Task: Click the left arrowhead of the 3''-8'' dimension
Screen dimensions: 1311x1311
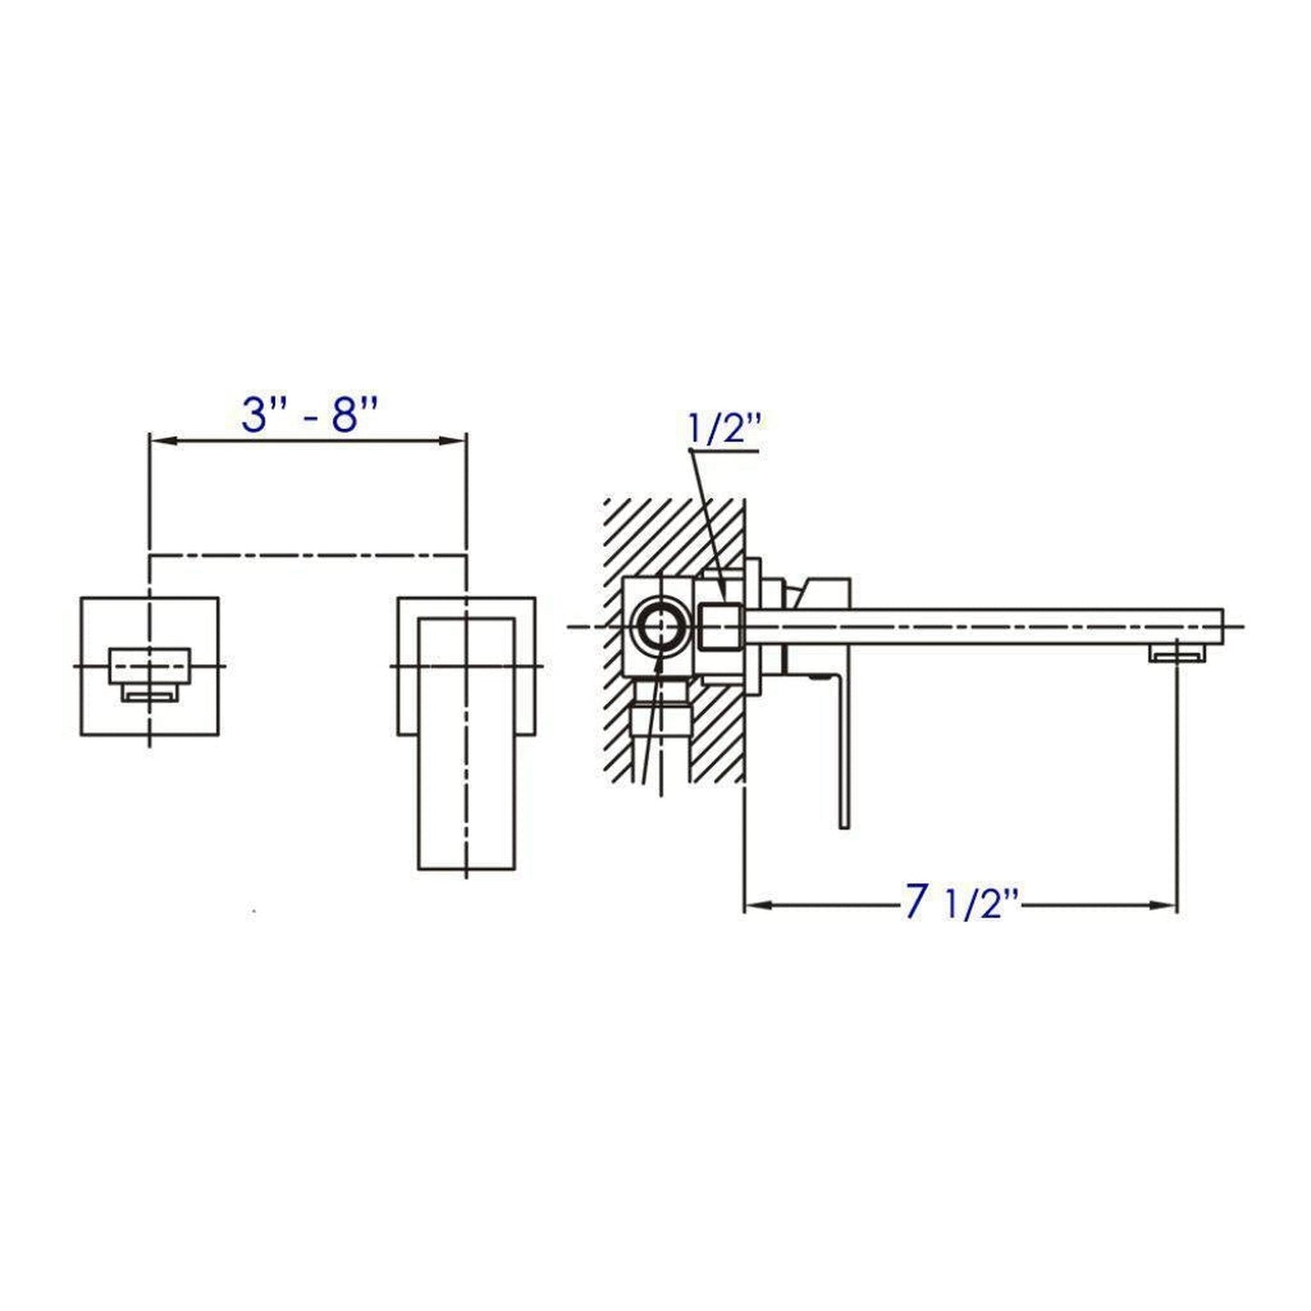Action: click(160, 441)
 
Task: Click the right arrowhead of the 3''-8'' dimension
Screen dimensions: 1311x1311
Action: click(455, 441)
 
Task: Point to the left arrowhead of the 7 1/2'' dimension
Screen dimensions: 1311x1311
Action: click(756, 904)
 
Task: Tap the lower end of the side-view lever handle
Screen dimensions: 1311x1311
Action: click(843, 822)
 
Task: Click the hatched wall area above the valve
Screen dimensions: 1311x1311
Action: click(671, 535)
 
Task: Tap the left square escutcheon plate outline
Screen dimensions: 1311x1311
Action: click(82, 666)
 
